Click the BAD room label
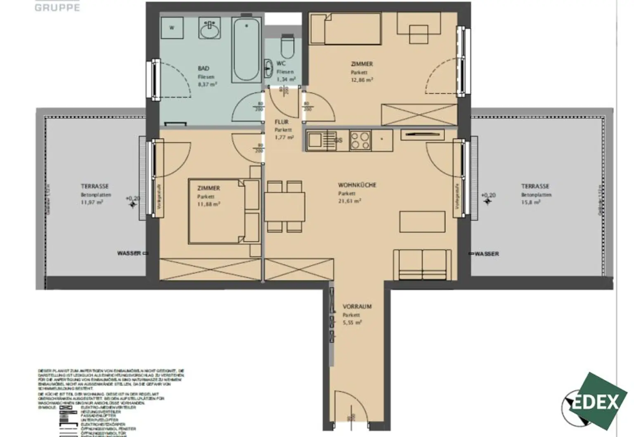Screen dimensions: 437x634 pyautogui.click(x=203, y=69)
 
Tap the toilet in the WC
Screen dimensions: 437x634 pyautogui.click(x=286, y=46)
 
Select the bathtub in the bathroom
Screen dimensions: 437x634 pyautogui.click(x=246, y=49)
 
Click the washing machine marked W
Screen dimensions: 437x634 pyautogui.click(x=172, y=28)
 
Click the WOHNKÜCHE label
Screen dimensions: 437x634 pyautogui.click(x=357, y=185)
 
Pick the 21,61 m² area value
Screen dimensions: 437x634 pyautogui.click(x=350, y=201)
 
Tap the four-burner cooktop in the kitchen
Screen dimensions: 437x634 pyautogui.click(x=360, y=140)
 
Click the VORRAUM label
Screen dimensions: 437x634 pyautogui.click(x=357, y=306)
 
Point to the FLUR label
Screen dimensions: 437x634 pyautogui.click(x=282, y=122)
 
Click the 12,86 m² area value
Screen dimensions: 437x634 pyautogui.click(x=362, y=80)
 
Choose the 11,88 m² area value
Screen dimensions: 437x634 pyautogui.click(x=208, y=204)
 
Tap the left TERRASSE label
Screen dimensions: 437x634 pyautogui.click(x=95, y=186)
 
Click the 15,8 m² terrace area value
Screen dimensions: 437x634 pyautogui.click(x=531, y=202)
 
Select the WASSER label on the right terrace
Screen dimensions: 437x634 pyautogui.click(x=487, y=254)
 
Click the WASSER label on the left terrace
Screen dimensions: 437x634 pyautogui.click(x=129, y=253)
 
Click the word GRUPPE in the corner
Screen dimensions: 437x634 pyautogui.click(x=57, y=7)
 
